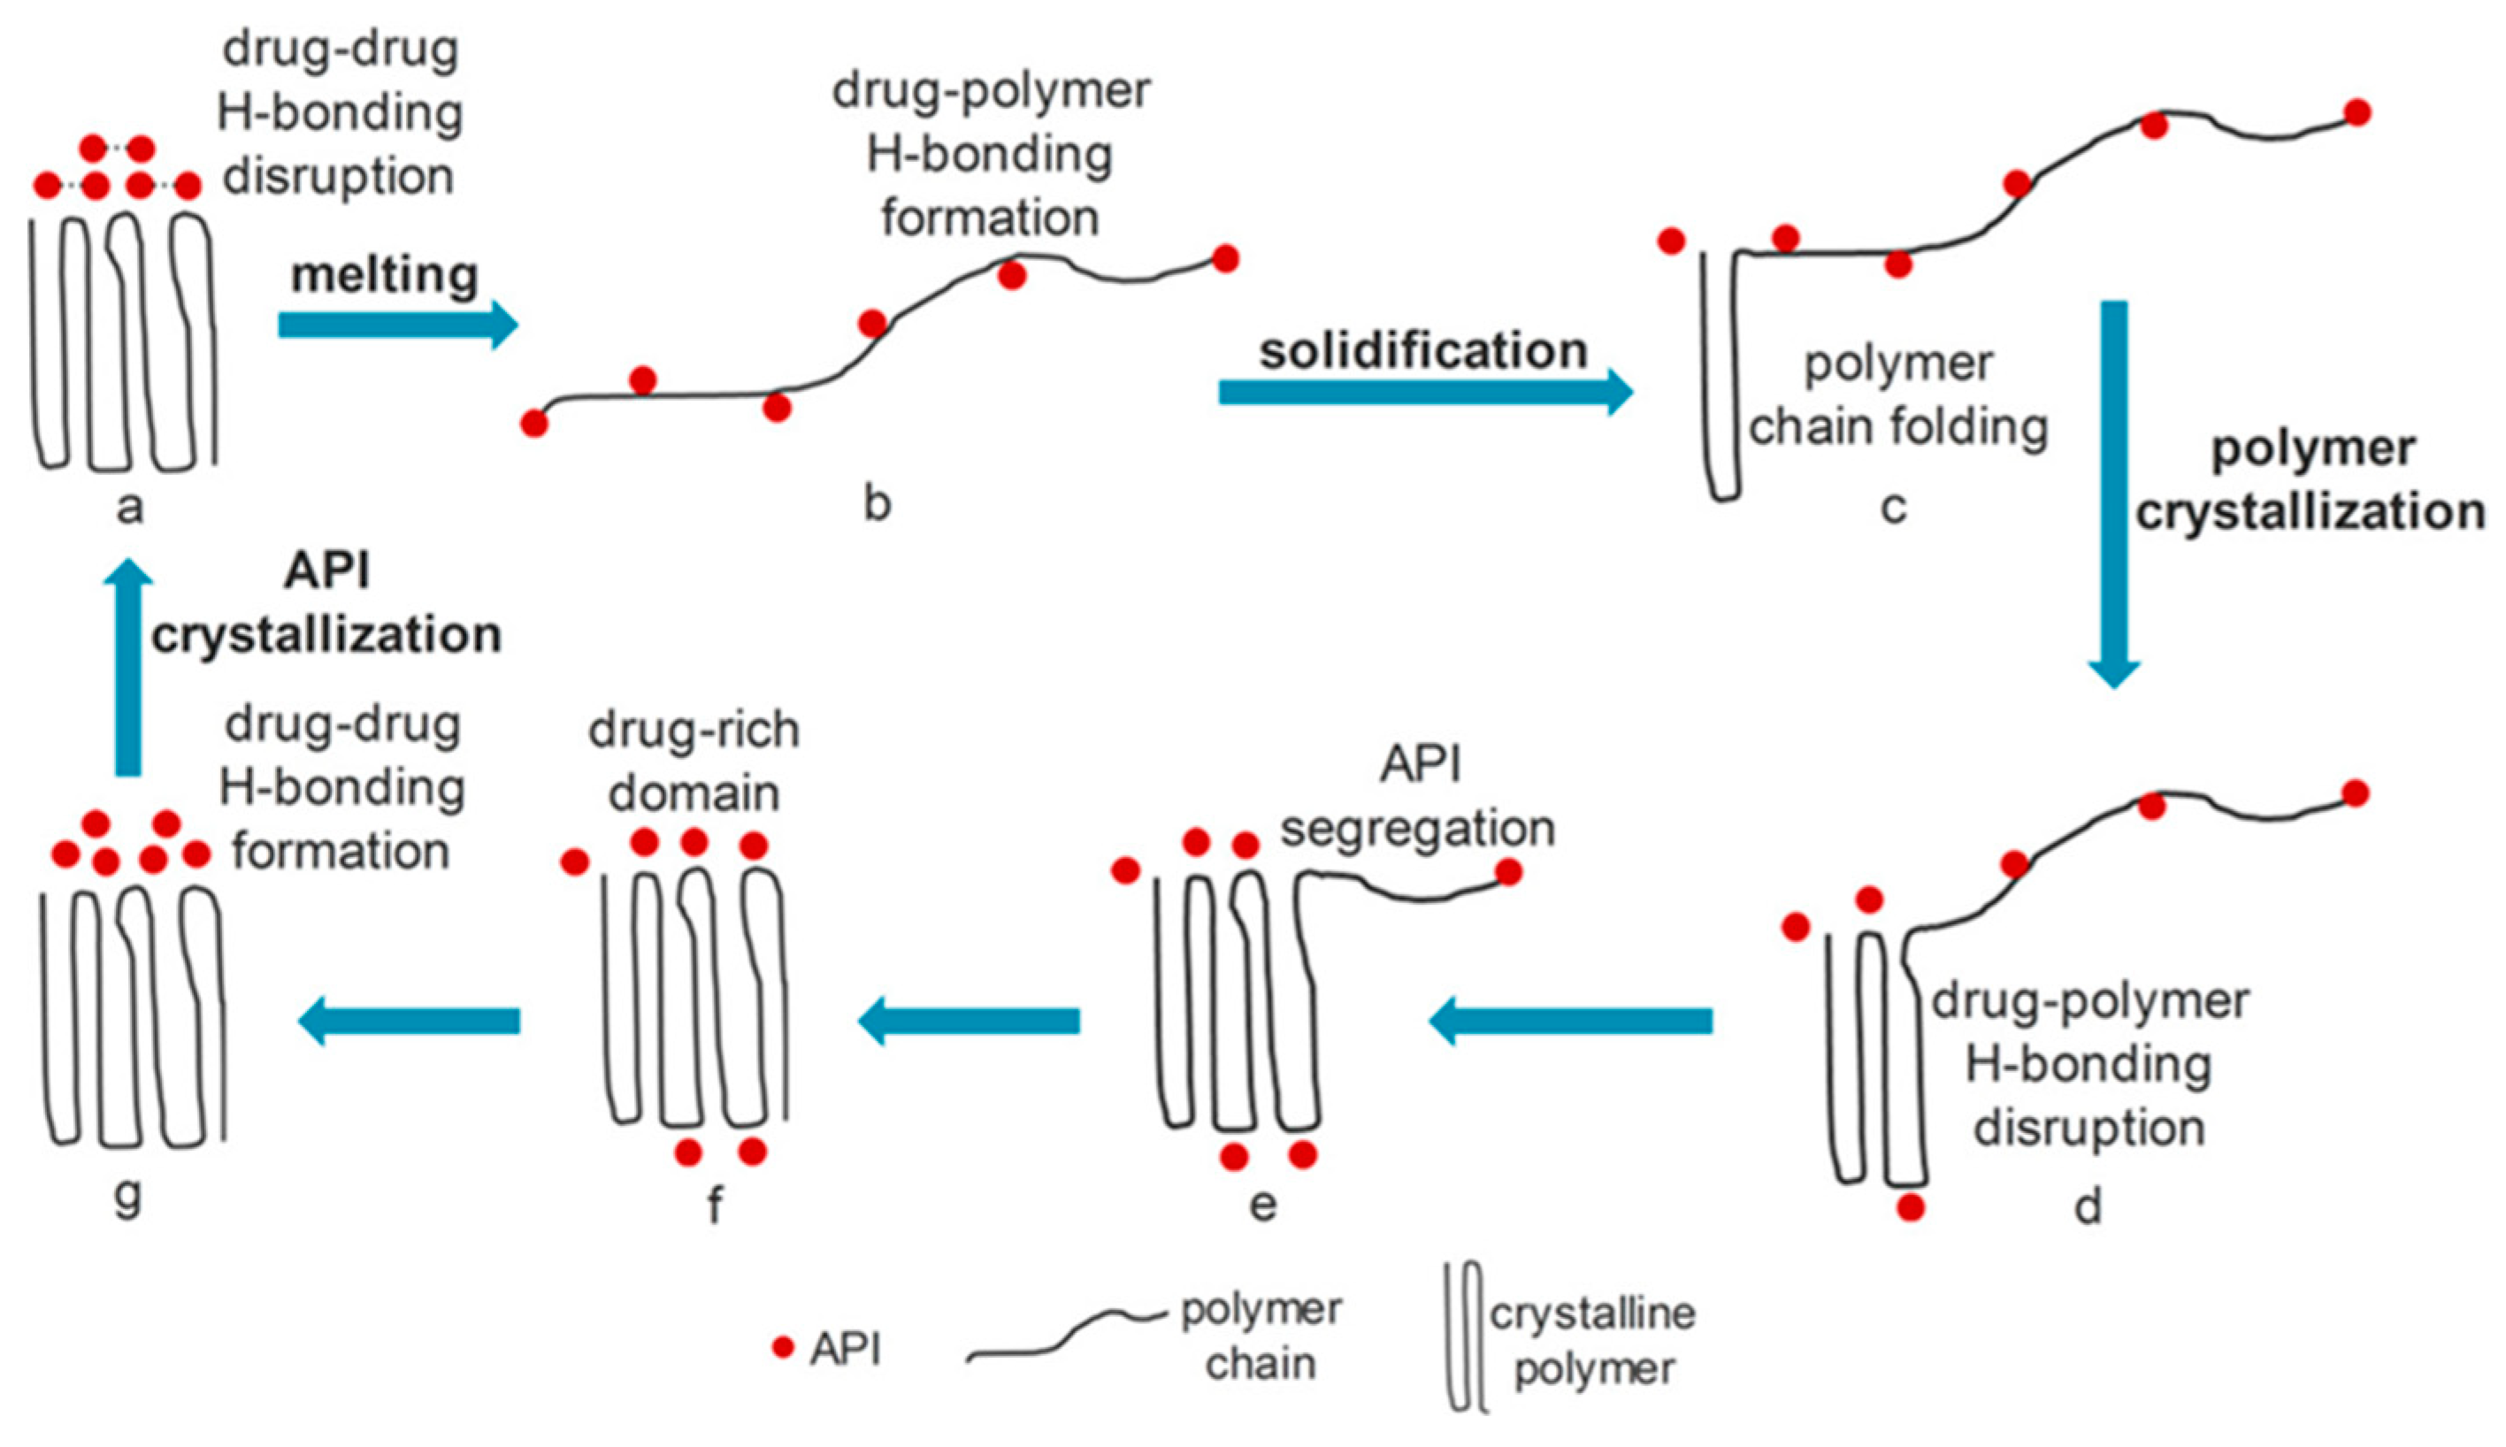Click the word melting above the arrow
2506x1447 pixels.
[385, 275]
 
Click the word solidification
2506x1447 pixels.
[1423, 351]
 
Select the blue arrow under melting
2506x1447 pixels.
[397, 325]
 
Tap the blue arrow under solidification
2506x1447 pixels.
[1425, 392]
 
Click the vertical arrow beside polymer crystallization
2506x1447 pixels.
[2113, 492]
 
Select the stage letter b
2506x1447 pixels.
[877, 504]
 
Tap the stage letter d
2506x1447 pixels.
[2088, 1207]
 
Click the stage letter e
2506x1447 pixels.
[1262, 1206]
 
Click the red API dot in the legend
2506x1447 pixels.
[783, 1348]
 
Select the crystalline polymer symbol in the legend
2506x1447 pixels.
[1467, 1336]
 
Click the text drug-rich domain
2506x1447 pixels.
[694, 762]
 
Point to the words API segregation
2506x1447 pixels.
[1418, 796]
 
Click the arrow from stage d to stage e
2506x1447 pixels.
[1570, 1021]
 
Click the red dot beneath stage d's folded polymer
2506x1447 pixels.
[1910, 1207]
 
